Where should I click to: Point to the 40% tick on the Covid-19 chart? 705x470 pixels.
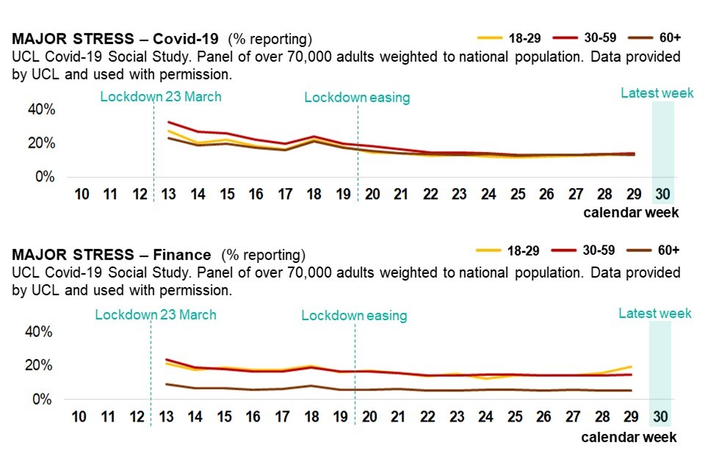tap(41, 109)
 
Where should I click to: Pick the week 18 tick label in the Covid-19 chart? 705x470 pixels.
tap(314, 195)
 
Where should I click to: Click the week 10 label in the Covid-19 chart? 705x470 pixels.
tap(82, 195)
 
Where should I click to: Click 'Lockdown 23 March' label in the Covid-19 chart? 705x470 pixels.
tap(161, 96)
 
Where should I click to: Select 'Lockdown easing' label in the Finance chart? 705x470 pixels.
tap(354, 316)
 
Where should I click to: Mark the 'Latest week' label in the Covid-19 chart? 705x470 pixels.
tap(657, 93)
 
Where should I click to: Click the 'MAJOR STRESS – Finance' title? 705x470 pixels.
tap(111, 255)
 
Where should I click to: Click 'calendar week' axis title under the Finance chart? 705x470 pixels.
tap(629, 437)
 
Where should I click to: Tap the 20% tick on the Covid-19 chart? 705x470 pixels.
tap(41, 143)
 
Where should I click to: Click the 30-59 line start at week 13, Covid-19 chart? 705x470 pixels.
tap(169, 122)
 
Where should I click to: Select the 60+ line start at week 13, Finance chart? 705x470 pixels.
tap(167, 384)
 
